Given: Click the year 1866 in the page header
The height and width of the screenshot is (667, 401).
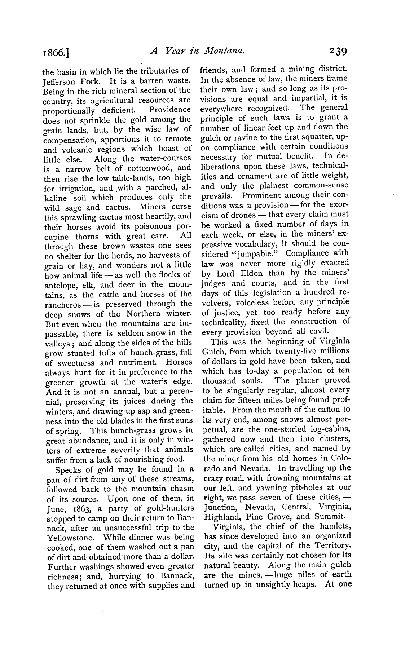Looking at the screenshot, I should point(55,53).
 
